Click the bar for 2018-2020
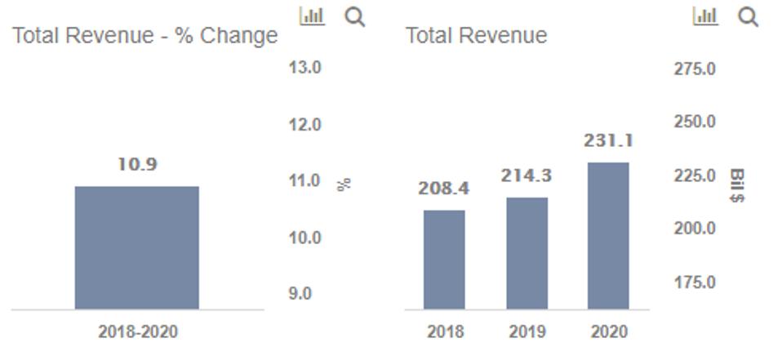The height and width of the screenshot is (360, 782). coord(136,247)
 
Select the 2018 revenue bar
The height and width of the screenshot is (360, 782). coord(444,260)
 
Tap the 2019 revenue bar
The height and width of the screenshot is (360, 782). coord(527,253)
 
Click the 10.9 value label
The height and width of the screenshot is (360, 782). coord(136,164)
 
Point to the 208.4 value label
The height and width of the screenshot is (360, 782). coord(444,189)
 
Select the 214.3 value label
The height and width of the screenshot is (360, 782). coord(527,176)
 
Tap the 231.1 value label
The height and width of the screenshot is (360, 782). coord(608,140)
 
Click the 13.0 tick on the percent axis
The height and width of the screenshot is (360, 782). coord(304,67)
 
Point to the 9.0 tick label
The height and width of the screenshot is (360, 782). coord(300,294)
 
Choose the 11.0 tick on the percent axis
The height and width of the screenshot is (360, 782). coord(304,180)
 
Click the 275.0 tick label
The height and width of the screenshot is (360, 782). coord(695,69)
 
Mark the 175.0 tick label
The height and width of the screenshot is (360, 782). coord(695,282)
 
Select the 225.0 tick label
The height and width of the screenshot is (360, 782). coord(695,176)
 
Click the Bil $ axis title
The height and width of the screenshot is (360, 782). coord(736,186)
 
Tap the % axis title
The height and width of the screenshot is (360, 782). coord(344,184)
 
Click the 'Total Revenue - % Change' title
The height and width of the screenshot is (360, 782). coord(144,36)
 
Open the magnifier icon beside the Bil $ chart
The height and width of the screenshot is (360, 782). coord(748,16)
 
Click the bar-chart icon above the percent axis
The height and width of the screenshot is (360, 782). coord(312,16)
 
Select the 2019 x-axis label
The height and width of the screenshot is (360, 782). coord(527,331)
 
